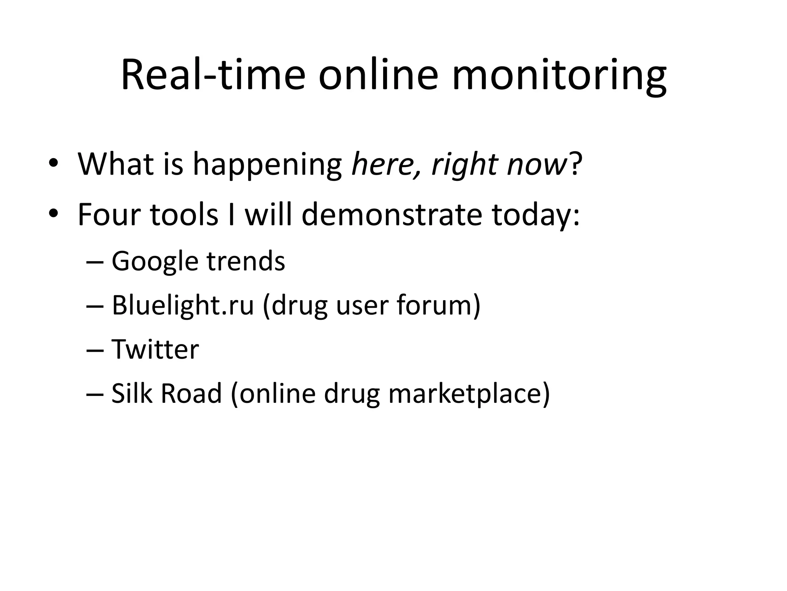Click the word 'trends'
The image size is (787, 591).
pos(246,261)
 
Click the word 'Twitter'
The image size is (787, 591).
pos(155,349)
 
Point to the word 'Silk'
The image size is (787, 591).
pos(130,393)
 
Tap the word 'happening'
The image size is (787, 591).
pos(267,165)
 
